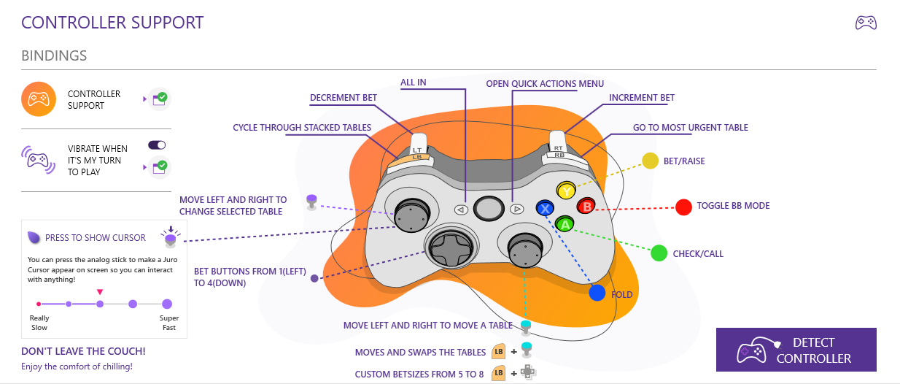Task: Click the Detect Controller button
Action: pos(796,350)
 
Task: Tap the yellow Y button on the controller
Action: pos(566,191)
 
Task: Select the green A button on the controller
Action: pos(565,224)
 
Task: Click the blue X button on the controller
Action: pos(545,208)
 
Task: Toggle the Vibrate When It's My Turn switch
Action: pos(157,145)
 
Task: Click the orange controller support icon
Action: pos(39,99)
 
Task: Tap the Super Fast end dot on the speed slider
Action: pos(167,304)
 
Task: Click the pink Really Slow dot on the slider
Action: pos(39,304)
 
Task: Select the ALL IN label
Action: pos(414,82)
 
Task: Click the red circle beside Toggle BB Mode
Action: pos(683,207)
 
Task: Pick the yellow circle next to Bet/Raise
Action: pos(650,161)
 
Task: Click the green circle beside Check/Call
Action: pos(659,253)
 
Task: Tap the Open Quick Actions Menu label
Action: pos(545,84)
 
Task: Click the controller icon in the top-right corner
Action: pos(866,23)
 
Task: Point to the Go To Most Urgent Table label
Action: pos(690,128)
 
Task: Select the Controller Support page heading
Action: pos(112,23)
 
